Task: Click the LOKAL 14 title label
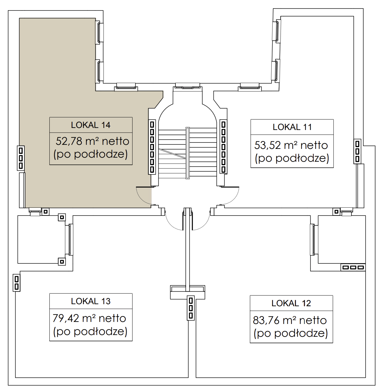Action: (91, 125)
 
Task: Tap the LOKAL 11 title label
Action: (292, 127)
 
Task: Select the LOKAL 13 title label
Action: (91, 301)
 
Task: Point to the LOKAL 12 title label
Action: (291, 303)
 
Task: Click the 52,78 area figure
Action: (69, 141)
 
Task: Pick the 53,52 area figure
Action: (268, 145)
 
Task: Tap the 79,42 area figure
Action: (66, 318)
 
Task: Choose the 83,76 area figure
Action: (266, 320)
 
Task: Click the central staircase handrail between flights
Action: (187, 153)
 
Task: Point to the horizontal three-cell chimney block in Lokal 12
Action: (353, 267)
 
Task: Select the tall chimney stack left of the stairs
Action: (152, 147)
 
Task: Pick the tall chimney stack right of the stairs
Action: (223, 147)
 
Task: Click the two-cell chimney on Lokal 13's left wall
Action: (17, 283)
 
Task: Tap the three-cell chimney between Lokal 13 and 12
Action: (191, 308)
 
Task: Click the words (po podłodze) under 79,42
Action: (90, 332)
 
